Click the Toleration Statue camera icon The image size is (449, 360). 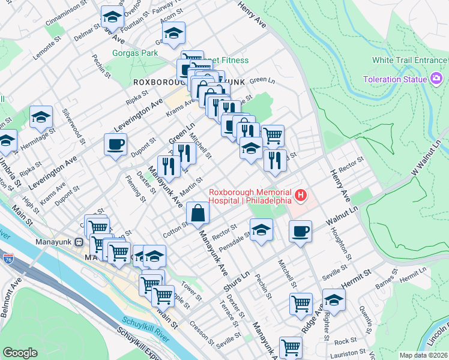pyautogui.click(x=436, y=79)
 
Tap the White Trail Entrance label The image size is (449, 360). pyautogui.click(x=409, y=60)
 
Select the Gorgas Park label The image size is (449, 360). pyautogui.click(x=135, y=53)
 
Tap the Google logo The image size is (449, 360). pyautogui.click(x=20, y=353)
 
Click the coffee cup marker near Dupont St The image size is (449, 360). pyautogui.click(x=115, y=144)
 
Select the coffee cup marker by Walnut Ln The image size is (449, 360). pyautogui.click(x=300, y=231)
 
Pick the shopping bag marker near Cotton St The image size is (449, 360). pyautogui.click(x=197, y=212)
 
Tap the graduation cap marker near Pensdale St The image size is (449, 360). pyautogui.click(x=261, y=230)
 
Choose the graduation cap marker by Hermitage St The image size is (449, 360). pyautogui.click(x=41, y=117)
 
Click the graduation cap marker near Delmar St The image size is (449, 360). pyautogui.click(x=112, y=17)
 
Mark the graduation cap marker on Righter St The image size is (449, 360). pyautogui.click(x=333, y=301)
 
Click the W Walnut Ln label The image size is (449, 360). pyautogui.click(x=426, y=158)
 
